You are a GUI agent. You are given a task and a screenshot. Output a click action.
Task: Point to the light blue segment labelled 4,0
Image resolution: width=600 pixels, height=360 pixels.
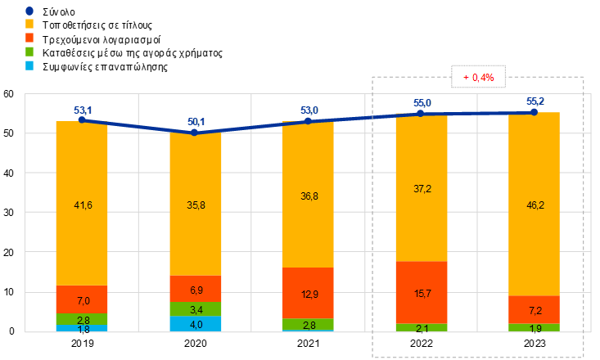(x=195, y=324)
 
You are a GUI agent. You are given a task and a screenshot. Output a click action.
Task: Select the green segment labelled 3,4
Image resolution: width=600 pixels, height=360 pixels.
(x=195, y=309)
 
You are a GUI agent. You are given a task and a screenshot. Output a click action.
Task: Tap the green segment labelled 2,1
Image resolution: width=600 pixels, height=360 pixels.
(x=422, y=327)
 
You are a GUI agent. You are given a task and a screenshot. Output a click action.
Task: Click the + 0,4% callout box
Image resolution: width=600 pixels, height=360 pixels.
(x=479, y=77)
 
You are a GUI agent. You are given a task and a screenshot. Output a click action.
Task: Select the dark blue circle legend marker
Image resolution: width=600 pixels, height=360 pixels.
(x=29, y=11)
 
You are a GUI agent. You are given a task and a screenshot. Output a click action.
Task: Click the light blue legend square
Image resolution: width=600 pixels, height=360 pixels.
(x=29, y=65)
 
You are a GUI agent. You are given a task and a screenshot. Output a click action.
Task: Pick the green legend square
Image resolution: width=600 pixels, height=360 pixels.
(x=29, y=51)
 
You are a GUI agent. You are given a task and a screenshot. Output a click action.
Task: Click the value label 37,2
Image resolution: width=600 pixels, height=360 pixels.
(x=422, y=189)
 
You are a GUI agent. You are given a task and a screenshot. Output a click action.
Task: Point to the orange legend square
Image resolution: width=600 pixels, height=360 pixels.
(x=29, y=24)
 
